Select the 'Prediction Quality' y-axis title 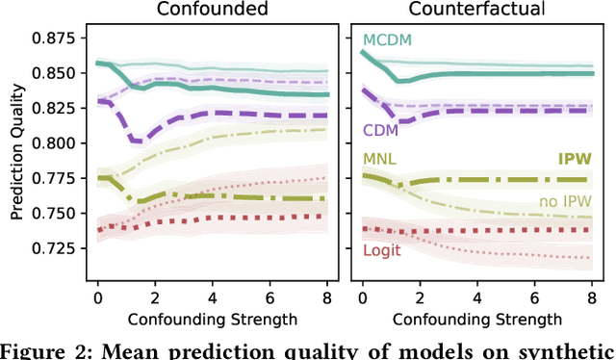click(15, 154)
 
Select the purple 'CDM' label click(381, 130)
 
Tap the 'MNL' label click(379, 157)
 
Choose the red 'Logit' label click(382, 250)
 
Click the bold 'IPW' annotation click(574, 159)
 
